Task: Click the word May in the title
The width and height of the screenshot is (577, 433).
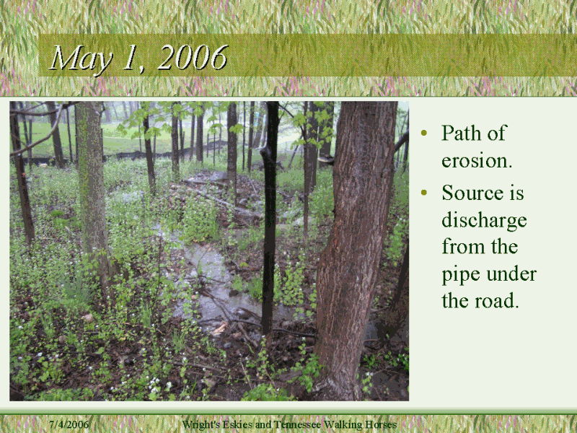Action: coord(81,60)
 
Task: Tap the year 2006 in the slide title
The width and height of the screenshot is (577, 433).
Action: coord(193,58)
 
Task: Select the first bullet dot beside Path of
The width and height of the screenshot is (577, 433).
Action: coord(424,133)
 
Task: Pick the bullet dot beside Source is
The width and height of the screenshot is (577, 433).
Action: coord(424,192)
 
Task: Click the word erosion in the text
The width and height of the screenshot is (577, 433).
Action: coord(476,160)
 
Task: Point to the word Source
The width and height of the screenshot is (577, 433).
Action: coord(472,193)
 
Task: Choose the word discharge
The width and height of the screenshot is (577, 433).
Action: coord(484,222)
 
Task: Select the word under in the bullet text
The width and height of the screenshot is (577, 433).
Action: coord(511,274)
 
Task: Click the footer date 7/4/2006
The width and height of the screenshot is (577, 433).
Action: coord(69,424)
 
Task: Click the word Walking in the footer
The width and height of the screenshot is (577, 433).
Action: coord(343,424)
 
